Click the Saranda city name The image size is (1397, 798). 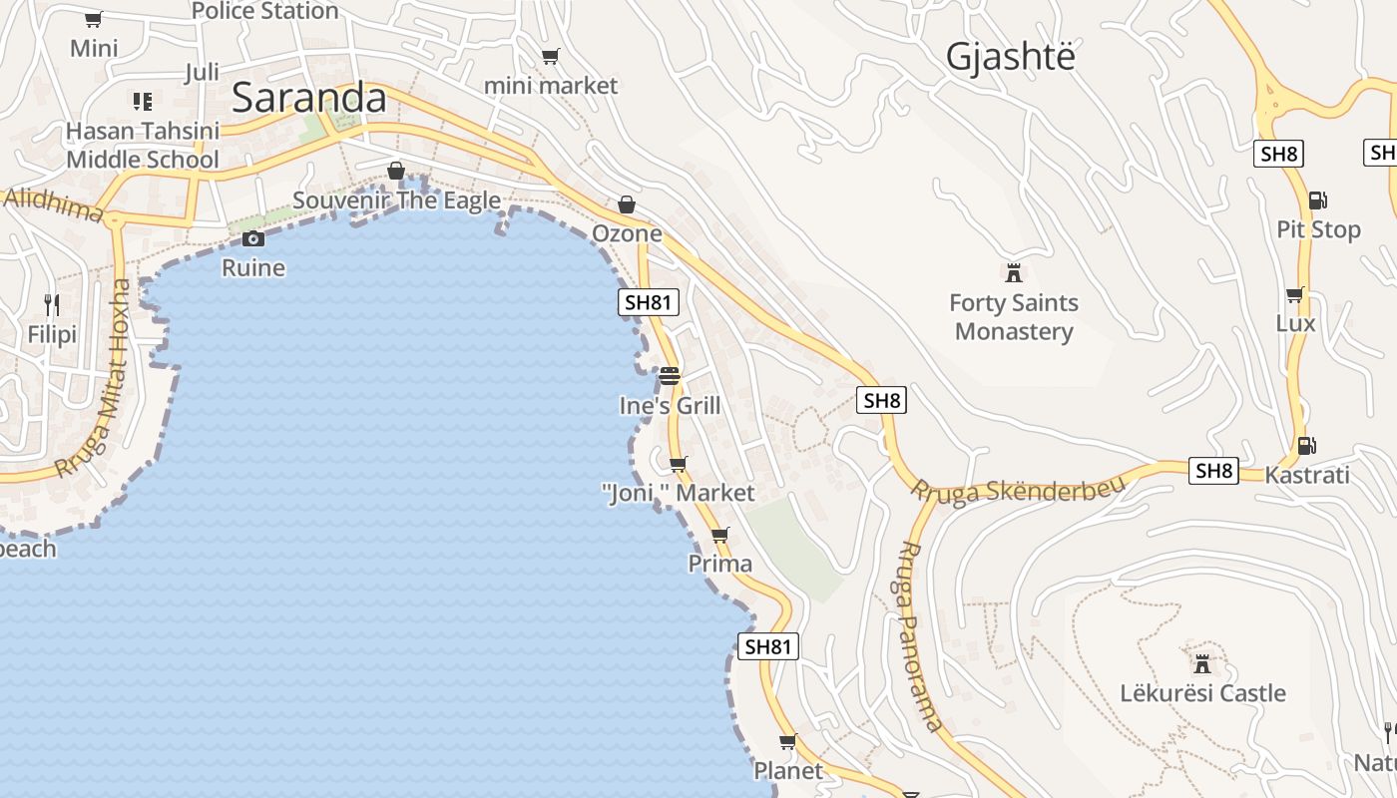pos(308,98)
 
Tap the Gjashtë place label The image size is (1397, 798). pos(1010,57)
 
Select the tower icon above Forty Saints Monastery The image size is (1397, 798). pos(1014,271)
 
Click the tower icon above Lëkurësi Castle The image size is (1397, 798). pos(1202,662)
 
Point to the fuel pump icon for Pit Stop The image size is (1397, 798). pos(1317,200)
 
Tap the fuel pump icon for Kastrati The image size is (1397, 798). pos(1305,446)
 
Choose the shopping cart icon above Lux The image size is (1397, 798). pos(1295,295)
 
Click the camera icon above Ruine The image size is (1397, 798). pos(253,238)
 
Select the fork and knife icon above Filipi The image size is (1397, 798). pos(52,304)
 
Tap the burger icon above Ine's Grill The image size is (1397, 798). pos(669,376)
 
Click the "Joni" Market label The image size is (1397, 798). pos(679,493)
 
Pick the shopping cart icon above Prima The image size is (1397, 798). pos(720,535)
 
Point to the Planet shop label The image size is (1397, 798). pos(788,770)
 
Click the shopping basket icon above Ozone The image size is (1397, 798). pos(627,204)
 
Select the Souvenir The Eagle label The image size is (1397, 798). pos(396,200)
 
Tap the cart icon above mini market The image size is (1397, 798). pos(551,57)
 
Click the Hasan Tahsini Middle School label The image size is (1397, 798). pos(143,146)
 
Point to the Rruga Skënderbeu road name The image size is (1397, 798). pos(1017,489)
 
